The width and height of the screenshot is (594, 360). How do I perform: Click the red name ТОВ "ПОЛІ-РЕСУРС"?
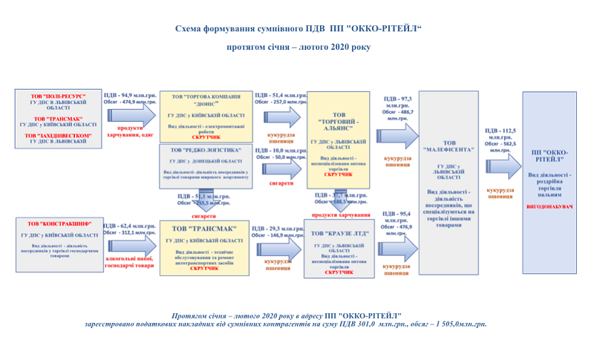(x=58, y=96)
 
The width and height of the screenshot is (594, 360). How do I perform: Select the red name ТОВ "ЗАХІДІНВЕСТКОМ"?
(x=58, y=136)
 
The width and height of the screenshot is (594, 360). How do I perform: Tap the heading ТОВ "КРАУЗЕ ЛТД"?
(x=338, y=233)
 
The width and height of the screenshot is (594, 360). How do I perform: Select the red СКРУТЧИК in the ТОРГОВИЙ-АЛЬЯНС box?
(x=338, y=174)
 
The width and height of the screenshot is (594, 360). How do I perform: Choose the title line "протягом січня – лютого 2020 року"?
(x=297, y=47)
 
